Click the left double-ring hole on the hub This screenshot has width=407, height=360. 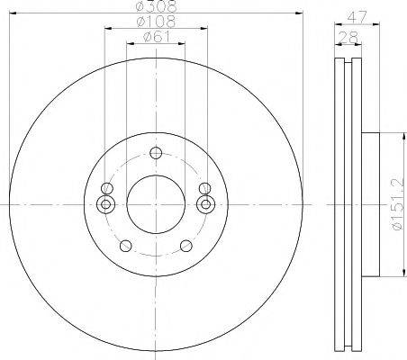tap(108, 204)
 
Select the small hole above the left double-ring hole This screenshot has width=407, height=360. tap(108, 188)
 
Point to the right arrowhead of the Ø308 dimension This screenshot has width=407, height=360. tap(300, 13)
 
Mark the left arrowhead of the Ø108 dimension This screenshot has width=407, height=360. tap(109, 29)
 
